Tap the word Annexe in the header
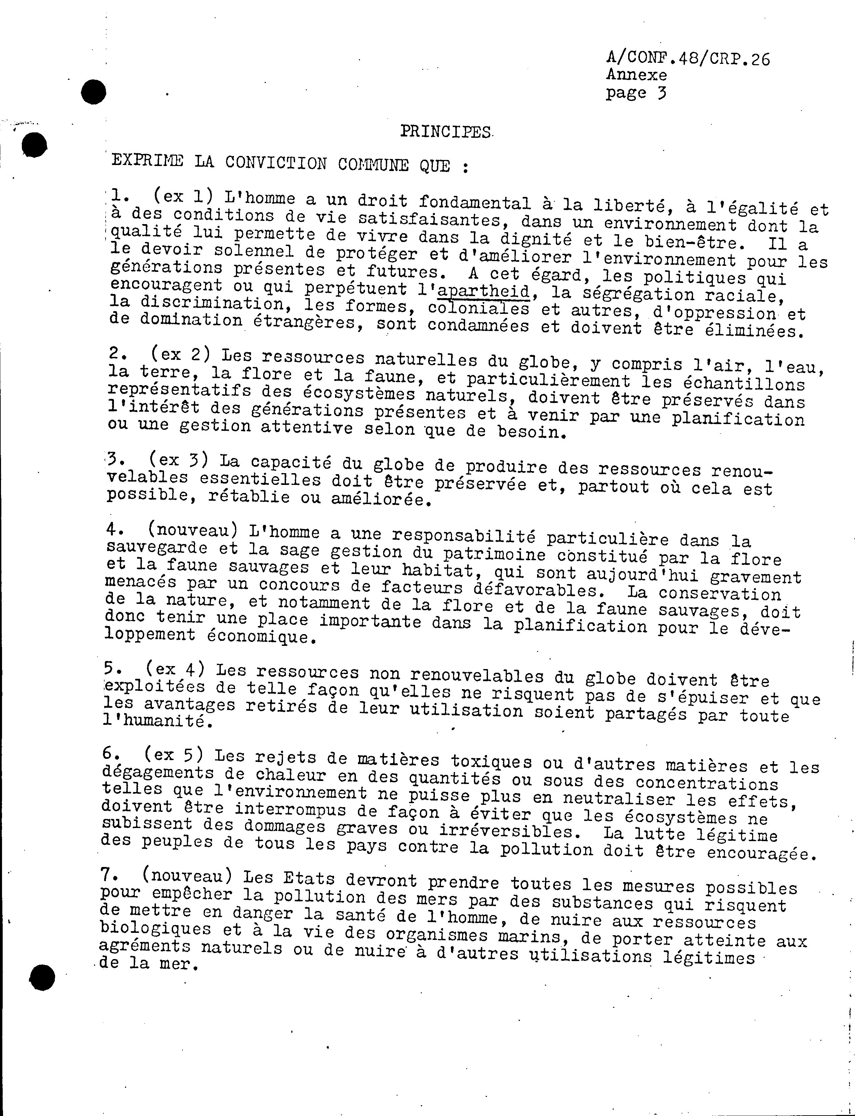(636, 75)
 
